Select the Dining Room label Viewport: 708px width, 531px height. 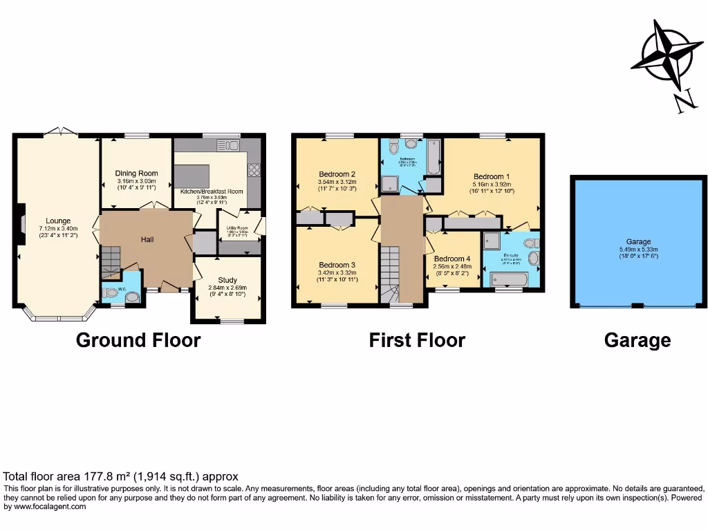pos(136,174)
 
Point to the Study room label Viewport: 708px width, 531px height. pos(227,280)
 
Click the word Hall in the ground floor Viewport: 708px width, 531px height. pos(147,240)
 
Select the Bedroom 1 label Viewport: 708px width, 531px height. pos(491,176)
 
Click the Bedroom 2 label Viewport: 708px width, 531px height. pos(337,174)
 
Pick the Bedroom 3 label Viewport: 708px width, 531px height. pos(337,265)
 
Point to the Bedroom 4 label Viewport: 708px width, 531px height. pos(452,259)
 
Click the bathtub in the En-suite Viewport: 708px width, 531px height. pos(509,280)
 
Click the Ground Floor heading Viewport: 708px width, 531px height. pos(138,340)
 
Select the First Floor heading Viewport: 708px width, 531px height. pos(417,340)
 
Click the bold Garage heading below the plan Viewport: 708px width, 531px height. pos(637,340)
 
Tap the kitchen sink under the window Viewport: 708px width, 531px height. pos(227,145)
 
